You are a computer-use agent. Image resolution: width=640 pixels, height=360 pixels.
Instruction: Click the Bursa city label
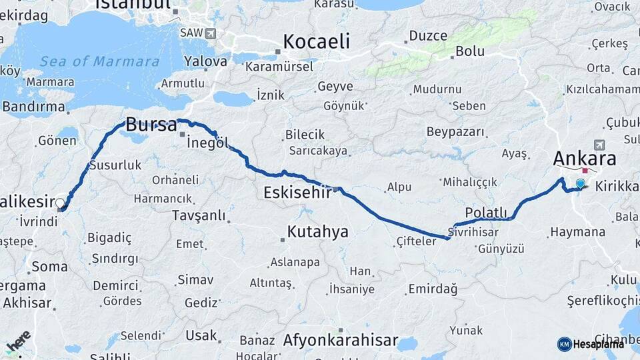[x=151, y=125]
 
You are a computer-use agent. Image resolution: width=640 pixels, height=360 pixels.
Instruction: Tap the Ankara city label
[x=584, y=159]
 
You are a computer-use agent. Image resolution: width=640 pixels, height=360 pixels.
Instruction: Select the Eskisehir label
[x=297, y=193]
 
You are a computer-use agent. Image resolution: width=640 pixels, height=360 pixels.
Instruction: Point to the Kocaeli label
[x=316, y=41]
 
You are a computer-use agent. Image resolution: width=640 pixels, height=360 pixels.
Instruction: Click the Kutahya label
[x=317, y=231]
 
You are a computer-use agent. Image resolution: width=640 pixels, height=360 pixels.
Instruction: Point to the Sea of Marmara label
[x=100, y=61]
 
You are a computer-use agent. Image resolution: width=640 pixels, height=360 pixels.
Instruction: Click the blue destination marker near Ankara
[x=580, y=184]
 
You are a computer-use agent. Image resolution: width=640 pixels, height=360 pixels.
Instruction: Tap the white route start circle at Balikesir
[x=60, y=203]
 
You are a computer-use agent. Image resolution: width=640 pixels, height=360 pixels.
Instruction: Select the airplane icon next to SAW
[x=211, y=33]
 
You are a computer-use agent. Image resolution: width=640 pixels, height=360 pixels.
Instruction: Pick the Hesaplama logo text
[x=599, y=344]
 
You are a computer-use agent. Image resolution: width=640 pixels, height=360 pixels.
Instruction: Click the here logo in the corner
[x=18, y=341]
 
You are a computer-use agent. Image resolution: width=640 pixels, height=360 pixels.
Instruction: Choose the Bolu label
[x=469, y=51]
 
